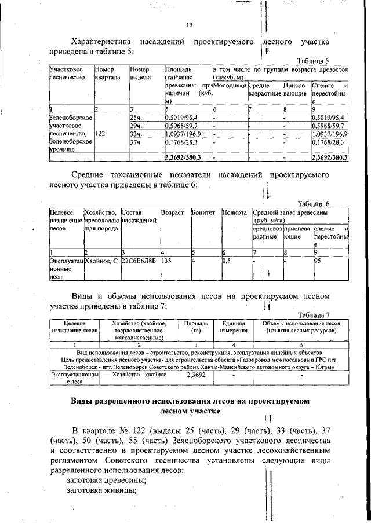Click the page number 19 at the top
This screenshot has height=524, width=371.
pos(189,25)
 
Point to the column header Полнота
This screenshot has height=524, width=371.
pos(234,213)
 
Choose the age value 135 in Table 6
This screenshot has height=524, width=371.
pos(169,260)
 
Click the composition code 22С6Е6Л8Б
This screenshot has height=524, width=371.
pos(139,260)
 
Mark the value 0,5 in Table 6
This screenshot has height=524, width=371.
pos(227,260)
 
